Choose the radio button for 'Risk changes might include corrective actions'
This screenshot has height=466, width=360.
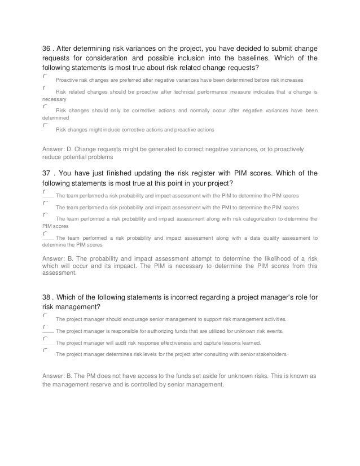[x=45, y=125]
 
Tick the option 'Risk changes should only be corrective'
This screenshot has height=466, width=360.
[x=45, y=105]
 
